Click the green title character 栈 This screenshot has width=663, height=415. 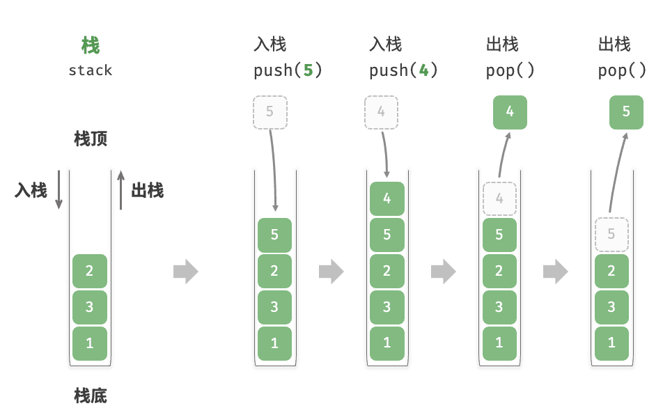click(91, 46)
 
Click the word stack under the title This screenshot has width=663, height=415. click(91, 70)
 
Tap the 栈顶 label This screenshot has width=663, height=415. click(91, 139)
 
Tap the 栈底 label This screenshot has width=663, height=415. click(91, 396)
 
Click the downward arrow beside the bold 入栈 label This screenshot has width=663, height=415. click(58, 189)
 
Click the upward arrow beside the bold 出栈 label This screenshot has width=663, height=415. click(121, 190)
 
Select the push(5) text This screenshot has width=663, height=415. click(288, 70)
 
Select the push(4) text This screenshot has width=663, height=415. click(403, 70)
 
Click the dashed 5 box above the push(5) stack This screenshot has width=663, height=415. click(270, 112)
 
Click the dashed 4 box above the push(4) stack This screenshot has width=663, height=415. click(382, 112)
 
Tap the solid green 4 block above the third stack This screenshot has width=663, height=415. click(510, 112)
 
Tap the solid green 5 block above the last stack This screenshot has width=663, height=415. click(626, 112)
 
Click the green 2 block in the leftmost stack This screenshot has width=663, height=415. click(90, 271)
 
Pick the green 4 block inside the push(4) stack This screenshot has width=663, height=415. click(387, 198)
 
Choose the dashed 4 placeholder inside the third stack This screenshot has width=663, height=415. click(499, 198)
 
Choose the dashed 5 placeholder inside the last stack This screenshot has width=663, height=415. click(611, 235)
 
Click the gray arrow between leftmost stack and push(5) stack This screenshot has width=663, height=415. click(186, 272)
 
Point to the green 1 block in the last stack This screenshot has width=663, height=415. click(611, 343)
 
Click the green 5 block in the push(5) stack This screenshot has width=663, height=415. click(274, 235)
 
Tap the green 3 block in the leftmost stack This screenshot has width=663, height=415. click(90, 307)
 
